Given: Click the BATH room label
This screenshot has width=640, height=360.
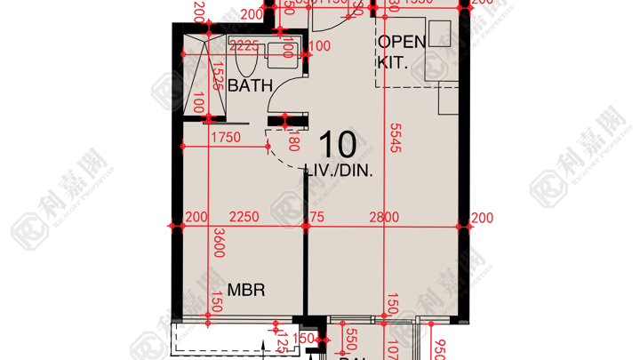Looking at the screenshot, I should [250, 86].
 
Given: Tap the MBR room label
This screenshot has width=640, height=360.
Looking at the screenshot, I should [245, 291].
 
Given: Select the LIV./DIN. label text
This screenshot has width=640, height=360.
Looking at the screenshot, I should [339, 169].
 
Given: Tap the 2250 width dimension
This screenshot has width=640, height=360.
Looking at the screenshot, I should [244, 217].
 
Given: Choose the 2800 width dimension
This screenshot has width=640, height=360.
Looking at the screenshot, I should [384, 217].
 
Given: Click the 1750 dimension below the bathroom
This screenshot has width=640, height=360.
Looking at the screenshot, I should [227, 137].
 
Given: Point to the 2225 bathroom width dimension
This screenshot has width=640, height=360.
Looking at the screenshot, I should [244, 45].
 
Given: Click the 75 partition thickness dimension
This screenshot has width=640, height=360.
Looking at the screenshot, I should [316, 217].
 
